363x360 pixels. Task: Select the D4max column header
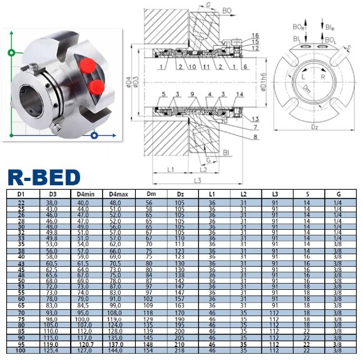point(115,195)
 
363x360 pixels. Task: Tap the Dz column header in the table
point(180,195)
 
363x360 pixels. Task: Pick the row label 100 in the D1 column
point(21,351)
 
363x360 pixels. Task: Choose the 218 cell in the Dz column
point(180,351)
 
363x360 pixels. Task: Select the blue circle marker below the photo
point(93,135)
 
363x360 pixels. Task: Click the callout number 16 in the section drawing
point(255,35)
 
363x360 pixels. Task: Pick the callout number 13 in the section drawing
point(255,118)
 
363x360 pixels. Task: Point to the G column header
point(339,195)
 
